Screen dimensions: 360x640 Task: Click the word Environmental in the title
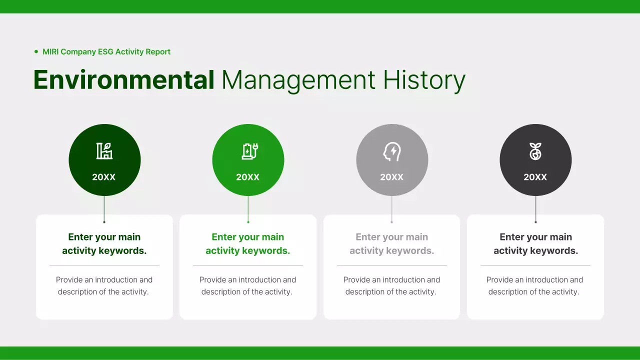123,80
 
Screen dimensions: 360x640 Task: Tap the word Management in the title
298,80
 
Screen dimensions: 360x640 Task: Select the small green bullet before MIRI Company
36,51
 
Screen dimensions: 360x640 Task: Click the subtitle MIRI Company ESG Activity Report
106,51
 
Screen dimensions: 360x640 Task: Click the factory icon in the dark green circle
104,151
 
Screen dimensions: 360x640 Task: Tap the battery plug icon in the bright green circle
249,151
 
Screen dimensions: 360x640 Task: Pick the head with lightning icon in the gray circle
392,151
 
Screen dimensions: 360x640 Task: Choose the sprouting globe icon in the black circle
535,151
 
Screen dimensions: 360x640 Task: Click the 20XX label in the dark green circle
104,177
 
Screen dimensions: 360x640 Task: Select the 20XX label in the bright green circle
248,177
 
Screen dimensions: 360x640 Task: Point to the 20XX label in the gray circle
392,177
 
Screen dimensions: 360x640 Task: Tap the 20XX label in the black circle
535,177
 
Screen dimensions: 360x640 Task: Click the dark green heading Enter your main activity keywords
104,243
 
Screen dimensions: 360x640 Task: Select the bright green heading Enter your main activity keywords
248,243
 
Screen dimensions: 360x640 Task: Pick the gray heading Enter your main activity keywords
392,243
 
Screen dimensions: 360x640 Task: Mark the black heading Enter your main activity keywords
535,243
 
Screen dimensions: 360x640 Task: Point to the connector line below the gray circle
392,209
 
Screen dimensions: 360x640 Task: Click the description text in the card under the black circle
534,285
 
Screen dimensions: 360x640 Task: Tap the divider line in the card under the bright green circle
248,265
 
